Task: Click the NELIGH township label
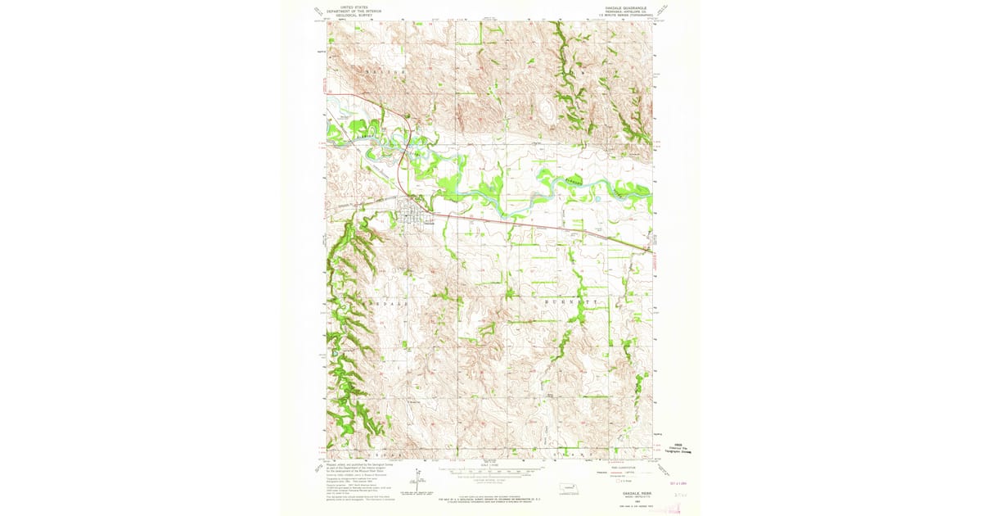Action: (x=385, y=73)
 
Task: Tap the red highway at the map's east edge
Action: (x=651, y=250)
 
